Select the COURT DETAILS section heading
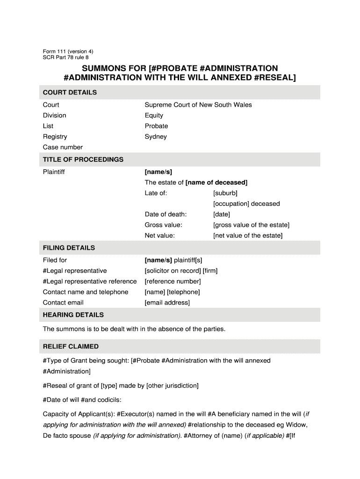tap(70, 92)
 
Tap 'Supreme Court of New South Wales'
tap(198, 105)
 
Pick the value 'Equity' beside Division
tap(154, 116)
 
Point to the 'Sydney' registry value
tap(156, 137)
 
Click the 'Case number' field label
tap(63, 147)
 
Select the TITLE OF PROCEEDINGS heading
tap(83, 160)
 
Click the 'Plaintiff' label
tap(54, 172)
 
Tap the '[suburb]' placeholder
tap(225, 193)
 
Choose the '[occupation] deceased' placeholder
tap(246, 203)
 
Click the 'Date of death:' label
tap(166, 214)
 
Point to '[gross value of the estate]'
tap(251, 225)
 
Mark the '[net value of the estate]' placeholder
tap(248, 236)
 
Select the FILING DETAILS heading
tap(69, 247)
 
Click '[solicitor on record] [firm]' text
tap(181, 271)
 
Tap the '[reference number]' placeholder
tap(173, 281)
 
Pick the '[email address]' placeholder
tap(167, 303)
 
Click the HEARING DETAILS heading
tap(73, 314)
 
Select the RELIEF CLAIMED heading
tap(71, 347)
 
